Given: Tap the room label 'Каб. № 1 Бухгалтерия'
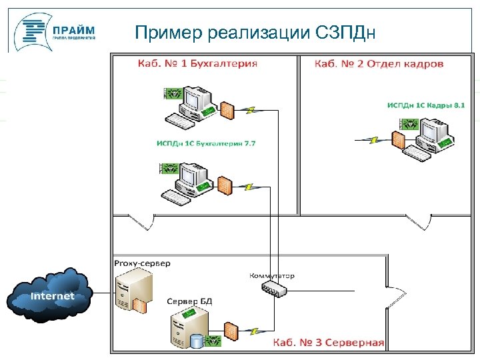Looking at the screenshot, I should (x=197, y=64).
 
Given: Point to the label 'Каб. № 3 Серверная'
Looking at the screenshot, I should (x=328, y=343).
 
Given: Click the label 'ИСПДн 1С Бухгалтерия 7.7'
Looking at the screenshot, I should (x=206, y=143).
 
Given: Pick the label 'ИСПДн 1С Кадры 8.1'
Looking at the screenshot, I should (x=425, y=105).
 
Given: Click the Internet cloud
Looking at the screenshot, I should (x=52, y=295).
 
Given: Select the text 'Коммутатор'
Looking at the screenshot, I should (x=272, y=275).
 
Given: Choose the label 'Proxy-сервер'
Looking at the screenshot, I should (x=142, y=263).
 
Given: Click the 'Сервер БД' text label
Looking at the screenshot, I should (x=189, y=301).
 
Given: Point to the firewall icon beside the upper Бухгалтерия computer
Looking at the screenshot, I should (x=227, y=109).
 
